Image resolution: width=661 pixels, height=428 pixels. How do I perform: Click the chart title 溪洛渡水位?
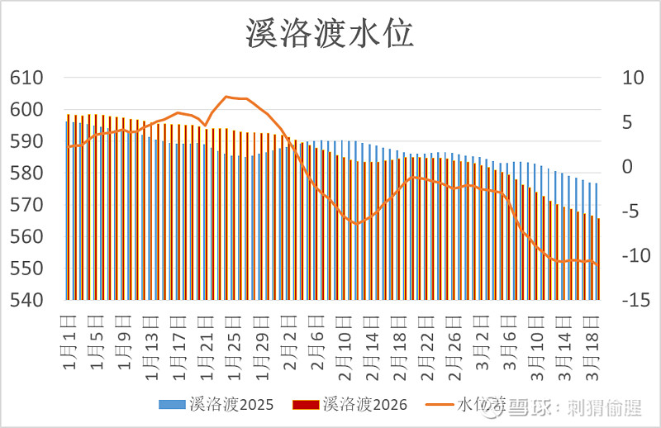coord(330,35)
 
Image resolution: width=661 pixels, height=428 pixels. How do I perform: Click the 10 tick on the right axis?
coord(624,78)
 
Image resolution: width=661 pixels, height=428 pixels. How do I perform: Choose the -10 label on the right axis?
coord(624,256)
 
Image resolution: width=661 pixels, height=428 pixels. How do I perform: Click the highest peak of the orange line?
coord(226,97)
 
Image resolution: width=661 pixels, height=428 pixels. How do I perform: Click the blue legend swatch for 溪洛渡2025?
coord(171,405)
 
